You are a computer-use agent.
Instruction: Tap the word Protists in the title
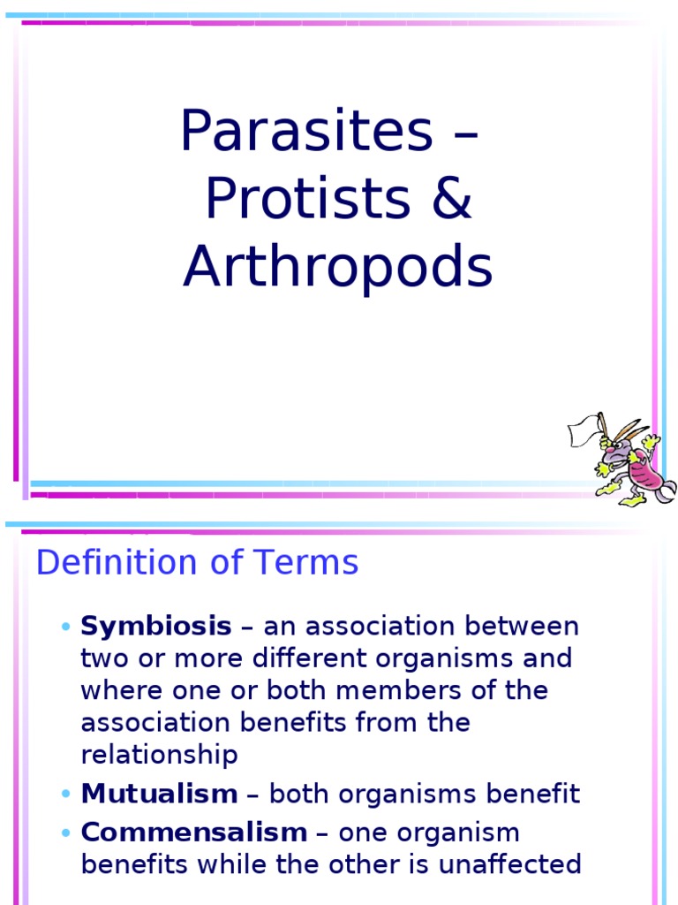307,200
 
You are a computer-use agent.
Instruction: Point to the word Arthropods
337,268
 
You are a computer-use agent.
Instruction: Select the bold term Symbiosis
156,627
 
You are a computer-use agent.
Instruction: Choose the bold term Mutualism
159,794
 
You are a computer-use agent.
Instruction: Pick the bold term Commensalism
193,833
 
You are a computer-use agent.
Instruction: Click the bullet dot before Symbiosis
66,627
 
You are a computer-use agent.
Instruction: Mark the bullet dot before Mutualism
66,795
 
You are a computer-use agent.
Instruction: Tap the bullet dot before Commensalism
66,833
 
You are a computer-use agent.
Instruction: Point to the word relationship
159,755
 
